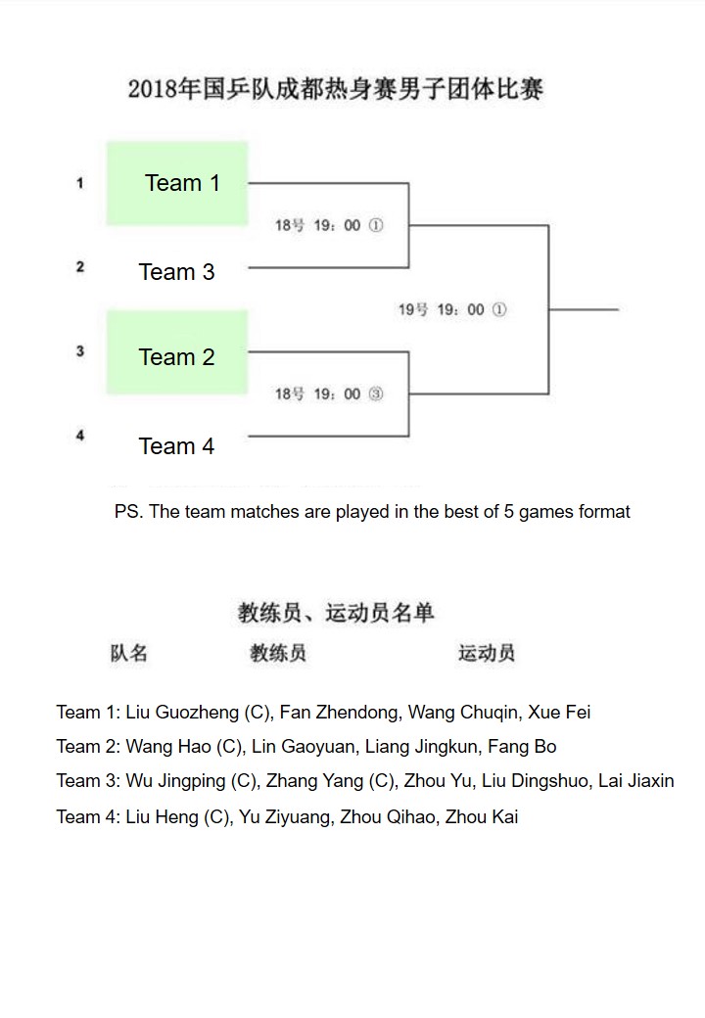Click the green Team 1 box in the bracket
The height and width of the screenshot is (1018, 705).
[177, 183]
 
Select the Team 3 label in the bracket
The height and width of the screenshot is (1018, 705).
[176, 272]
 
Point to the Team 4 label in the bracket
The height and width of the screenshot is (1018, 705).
[176, 446]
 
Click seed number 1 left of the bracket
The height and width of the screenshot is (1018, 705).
[80, 183]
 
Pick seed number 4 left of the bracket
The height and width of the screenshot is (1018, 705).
[80, 436]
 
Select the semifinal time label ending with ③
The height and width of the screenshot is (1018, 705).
[328, 394]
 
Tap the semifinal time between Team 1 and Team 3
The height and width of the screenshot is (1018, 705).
[328, 226]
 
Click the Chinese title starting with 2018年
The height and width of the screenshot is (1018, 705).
[335, 90]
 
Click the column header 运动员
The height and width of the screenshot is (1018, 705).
[486, 653]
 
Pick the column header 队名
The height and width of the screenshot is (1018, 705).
[128, 653]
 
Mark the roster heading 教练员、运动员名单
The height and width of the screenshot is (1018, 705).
[336, 614]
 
